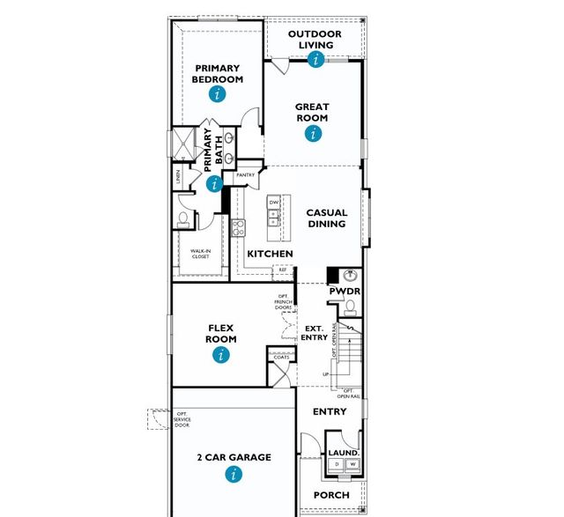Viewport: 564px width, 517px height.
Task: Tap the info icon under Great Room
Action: pos(312,134)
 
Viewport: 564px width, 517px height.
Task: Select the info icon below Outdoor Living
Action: pos(315,59)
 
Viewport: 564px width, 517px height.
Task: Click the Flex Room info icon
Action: pos(221,355)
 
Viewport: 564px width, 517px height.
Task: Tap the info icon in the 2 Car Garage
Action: pos(234,475)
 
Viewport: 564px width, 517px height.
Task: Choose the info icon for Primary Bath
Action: pos(213,184)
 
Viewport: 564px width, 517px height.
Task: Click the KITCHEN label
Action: pos(270,254)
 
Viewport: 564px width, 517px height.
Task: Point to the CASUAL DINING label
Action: pos(326,218)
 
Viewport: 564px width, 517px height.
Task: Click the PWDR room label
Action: pos(345,291)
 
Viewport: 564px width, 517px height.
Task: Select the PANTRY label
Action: pos(245,175)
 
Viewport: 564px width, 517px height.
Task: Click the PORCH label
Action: pos(331,495)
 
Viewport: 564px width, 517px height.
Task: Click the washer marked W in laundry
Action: pos(352,463)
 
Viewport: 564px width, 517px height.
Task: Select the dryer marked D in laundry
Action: pos(336,463)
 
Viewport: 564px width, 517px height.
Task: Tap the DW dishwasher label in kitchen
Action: pos(274,203)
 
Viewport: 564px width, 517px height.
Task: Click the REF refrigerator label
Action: pos(283,270)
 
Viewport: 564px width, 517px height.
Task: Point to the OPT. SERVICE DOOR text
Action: pos(182,419)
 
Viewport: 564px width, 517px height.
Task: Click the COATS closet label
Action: pos(281,357)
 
